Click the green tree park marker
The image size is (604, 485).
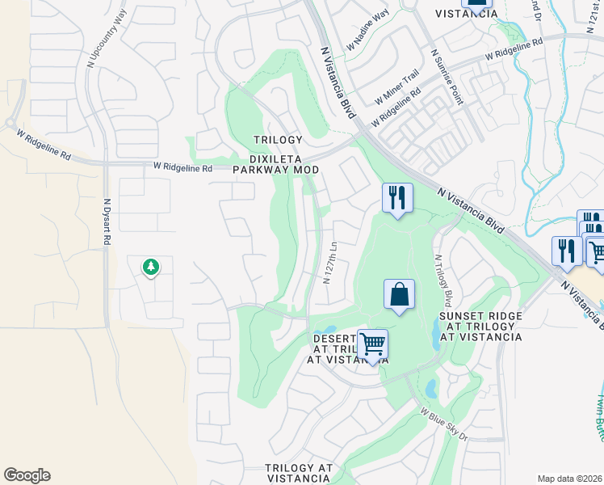coord(150,267)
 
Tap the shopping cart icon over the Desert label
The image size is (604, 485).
coord(371,344)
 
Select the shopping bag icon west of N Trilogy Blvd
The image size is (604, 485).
coord(399,295)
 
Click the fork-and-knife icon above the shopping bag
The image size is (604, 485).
coord(396,198)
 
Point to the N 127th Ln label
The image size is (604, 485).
coord(329,262)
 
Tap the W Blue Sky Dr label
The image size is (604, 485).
coord(443,424)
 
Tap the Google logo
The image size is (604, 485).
coord(27,475)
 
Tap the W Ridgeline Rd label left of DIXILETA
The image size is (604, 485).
coord(182,168)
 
